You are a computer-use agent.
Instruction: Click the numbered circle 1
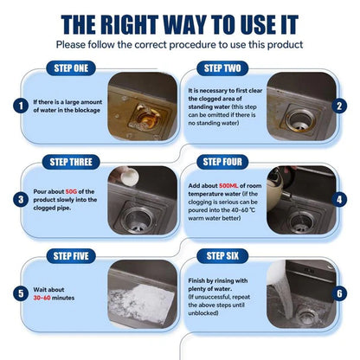tap(19, 106)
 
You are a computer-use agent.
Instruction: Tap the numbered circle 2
tap(340, 106)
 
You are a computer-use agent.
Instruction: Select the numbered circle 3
tap(19, 199)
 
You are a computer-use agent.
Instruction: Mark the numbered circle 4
tap(340, 199)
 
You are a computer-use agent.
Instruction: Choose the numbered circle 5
tap(19, 292)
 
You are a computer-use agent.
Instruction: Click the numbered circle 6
tap(340, 292)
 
